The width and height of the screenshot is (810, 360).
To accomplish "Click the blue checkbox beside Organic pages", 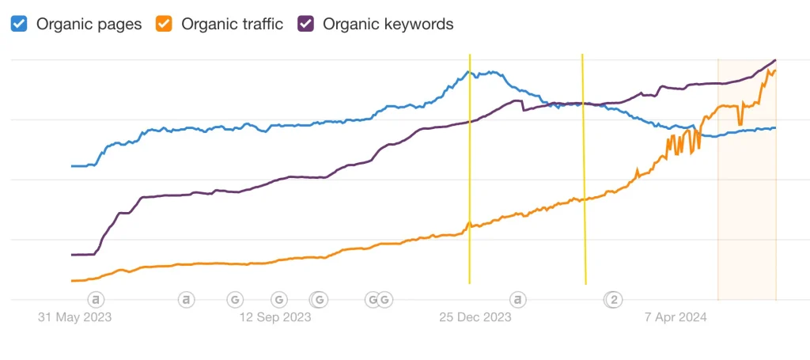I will click(x=19, y=24).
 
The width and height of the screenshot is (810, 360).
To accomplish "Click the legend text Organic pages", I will click(x=89, y=24).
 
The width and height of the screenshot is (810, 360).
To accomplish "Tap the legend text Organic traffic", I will click(x=232, y=24).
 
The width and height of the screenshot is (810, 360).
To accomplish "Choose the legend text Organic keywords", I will click(x=388, y=24).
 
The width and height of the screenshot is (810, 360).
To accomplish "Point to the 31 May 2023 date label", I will click(x=75, y=317).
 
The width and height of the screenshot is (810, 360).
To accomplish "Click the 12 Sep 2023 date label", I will click(x=274, y=317).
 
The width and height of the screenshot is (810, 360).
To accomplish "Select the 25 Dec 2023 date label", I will click(x=475, y=317).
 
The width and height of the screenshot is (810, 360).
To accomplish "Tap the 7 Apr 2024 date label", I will click(x=676, y=317).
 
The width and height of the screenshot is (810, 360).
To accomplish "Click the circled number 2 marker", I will click(x=613, y=299).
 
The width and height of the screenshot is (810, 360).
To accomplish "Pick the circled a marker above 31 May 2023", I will click(x=96, y=299).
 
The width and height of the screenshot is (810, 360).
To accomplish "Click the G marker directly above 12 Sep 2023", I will click(x=278, y=299).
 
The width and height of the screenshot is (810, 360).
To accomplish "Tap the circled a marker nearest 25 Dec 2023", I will click(x=517, y=299).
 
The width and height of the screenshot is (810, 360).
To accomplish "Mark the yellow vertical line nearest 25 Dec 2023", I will click(x=470, y=174).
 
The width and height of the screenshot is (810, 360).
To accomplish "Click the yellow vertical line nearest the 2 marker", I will click(x=584, y=174).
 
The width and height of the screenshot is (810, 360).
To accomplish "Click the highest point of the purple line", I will click(x=774, y=60).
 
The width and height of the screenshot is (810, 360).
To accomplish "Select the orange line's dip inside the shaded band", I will click(x=740, y=124).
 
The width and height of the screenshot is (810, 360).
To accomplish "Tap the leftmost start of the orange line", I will click(x=73, y=281).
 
